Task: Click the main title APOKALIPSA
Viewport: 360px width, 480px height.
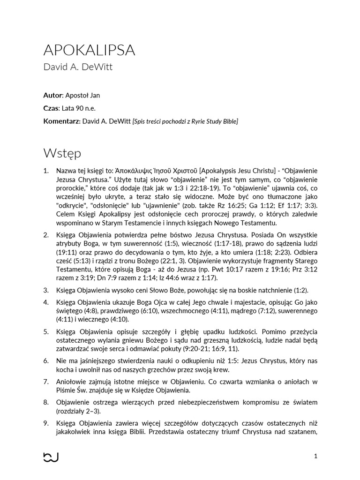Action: [x=89, y=50]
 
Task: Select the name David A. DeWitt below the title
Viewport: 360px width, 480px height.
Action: [x=78, y=67]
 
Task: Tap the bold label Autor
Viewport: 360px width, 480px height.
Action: [x=52, y=95]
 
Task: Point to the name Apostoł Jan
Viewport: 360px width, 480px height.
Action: [x=82, y=95]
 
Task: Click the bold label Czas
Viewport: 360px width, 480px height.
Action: [x=51, y=108]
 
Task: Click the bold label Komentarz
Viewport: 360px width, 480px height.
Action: [x=61, y=121]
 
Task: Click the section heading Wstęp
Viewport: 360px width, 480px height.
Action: [x=62, y=153]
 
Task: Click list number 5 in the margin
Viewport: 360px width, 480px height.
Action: [x=46, y=332]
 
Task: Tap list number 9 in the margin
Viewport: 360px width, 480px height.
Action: [x=46, y=423]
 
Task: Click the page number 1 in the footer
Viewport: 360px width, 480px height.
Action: [x=315, y=456]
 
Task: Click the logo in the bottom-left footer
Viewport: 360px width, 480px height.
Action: [x=51, y=457]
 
